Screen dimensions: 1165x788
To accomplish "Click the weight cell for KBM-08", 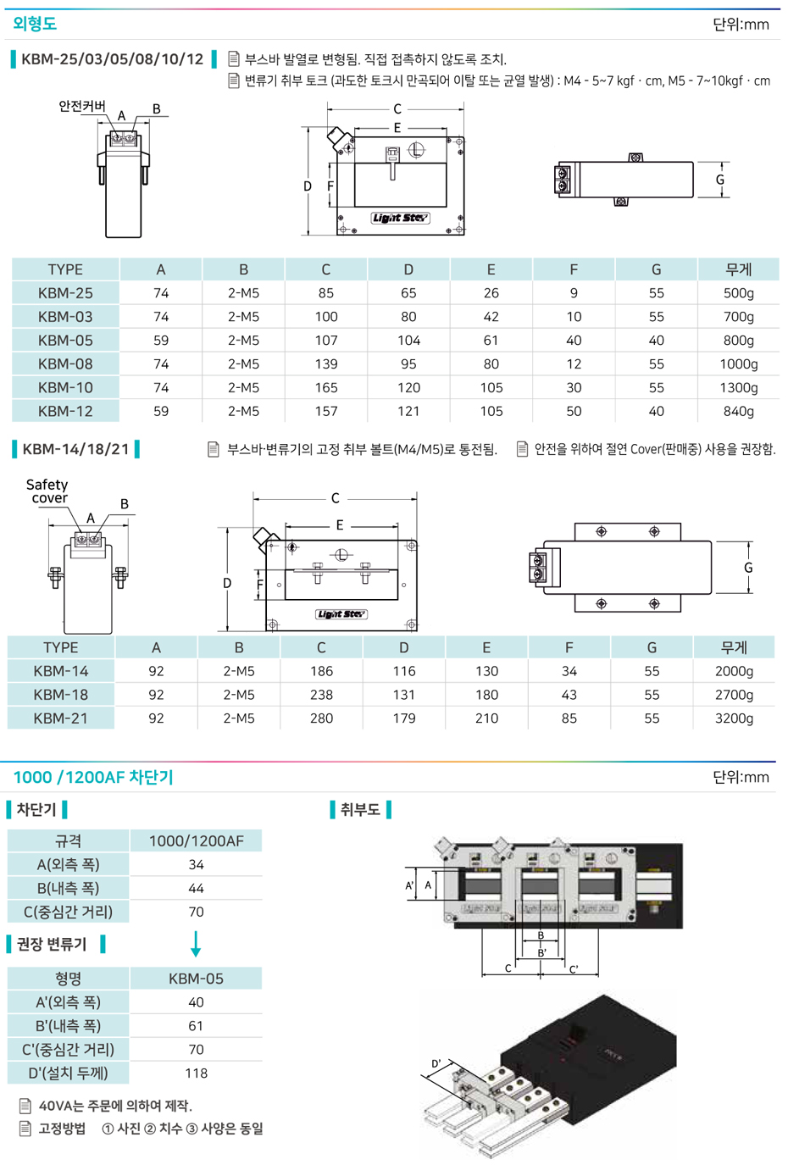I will click(738, 364).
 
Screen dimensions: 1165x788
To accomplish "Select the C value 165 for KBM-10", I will click(325, 388).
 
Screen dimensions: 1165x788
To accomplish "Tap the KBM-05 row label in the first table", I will click(65, 341).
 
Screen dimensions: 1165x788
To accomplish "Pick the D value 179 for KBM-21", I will click(404, 718).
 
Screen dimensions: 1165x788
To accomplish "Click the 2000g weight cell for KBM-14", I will click(734, 671).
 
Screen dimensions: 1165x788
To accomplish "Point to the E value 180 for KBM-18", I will click(486, 695).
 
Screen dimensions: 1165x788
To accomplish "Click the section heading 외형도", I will click(35, 24).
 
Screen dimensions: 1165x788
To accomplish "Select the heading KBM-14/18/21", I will click(75, 449).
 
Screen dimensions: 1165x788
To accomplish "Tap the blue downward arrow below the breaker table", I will click(196, 944).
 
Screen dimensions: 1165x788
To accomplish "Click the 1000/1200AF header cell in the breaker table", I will click(196, 841).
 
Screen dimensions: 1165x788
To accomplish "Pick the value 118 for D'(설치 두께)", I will click(196, 1073).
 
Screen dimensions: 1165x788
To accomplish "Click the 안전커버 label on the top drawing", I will click(81, 106).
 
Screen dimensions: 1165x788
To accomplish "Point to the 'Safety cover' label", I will click(47, 491).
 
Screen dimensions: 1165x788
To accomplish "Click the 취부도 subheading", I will click(360, 810).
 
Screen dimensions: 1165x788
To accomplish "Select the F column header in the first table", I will click(574, 269).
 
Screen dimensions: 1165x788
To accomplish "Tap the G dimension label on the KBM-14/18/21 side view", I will click(748, 568).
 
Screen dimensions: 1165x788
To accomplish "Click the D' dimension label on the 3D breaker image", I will click(436, 1063).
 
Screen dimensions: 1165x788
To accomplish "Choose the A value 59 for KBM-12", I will click(161, 412).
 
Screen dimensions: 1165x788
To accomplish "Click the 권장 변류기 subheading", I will click(52, 944).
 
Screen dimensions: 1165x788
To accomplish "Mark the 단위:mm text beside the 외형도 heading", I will click(741, 25).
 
